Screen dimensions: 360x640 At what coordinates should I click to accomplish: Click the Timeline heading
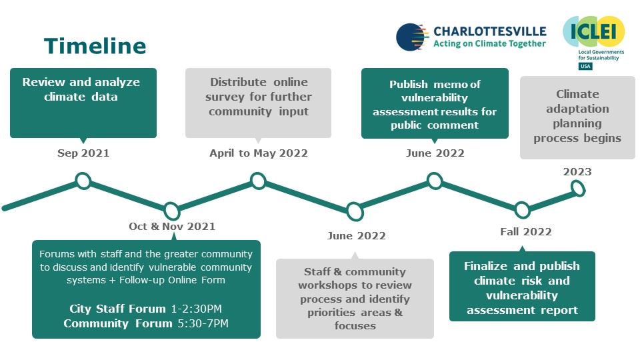click(95, 46)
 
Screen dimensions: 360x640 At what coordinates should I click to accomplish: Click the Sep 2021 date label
click(83, 153)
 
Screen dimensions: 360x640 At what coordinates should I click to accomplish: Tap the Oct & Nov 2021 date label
click(172, 227)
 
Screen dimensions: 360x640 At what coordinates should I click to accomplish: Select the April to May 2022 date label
click(259, 153)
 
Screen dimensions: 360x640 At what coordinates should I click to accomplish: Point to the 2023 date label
click(577, 172)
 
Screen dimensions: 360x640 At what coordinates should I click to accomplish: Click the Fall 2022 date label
click(526, 232)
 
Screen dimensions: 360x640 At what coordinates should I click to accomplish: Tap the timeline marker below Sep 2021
click(83, 181)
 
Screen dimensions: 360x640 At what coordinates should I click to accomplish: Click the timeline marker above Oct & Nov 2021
click(172, 211)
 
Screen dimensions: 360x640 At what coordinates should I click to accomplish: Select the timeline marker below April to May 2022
click(259, 181)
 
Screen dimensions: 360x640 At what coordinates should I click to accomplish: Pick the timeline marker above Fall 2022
click(523, 210)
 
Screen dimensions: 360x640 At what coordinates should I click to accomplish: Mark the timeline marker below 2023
click(578, 189)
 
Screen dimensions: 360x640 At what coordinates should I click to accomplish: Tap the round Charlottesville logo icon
click(412, 37)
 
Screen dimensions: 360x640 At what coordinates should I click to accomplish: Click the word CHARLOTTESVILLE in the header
click(489, 31)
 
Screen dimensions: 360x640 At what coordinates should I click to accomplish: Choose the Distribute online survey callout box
click(258, 103)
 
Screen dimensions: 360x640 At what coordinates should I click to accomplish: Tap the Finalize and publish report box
click(522, 287)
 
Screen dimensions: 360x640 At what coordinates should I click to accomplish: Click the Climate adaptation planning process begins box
click(577, 117)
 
